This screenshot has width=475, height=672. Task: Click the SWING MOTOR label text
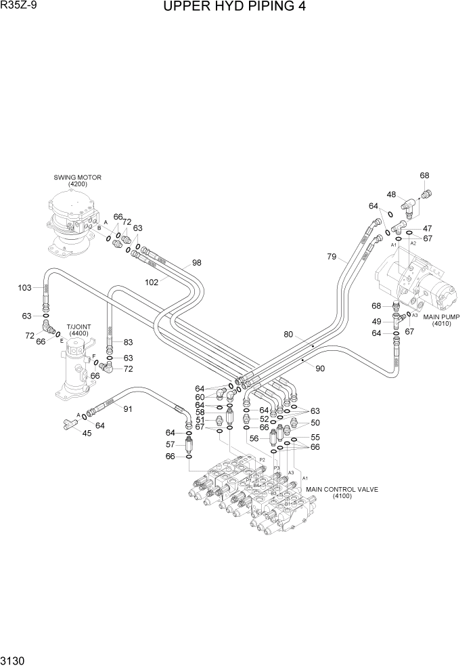click(x=78, y=177)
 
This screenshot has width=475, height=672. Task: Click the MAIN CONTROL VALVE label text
click(x=342, y=489)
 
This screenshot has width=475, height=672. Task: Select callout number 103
click(x=25, y=288)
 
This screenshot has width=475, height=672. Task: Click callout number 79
click(x=331, y=256)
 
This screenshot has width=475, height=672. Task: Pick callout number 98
click(x=197, y=263)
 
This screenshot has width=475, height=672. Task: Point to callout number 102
click(x=152, y=282)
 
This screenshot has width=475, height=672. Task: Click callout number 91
click(x=127, y=408)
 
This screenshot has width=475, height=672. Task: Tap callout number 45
click(x=87, y=434)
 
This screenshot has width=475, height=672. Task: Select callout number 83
click(x=128, y=342)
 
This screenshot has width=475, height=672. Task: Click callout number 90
click(x=320, y=368)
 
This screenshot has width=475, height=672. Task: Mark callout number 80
click(x=288, y=334)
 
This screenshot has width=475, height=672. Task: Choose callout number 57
click(x=171, y=444)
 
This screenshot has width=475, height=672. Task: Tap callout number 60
click(x=200, y=397)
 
